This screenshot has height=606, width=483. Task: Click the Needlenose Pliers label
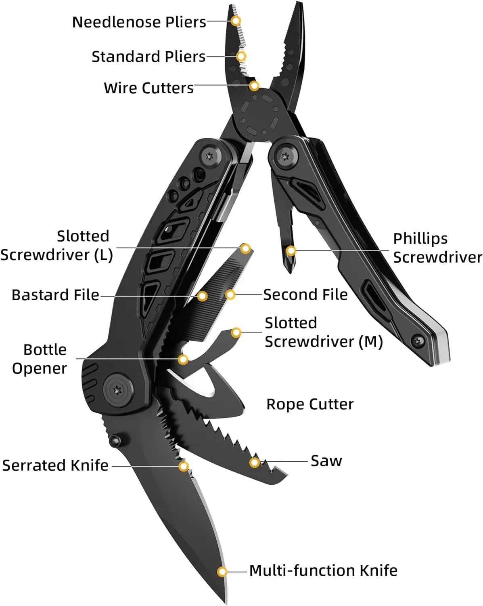(x=139, y=22)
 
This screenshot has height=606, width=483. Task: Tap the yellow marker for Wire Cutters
(x=254, y=86)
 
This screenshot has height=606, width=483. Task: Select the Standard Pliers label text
(x=148, y=57)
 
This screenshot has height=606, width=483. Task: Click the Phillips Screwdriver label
(x=437, y=248)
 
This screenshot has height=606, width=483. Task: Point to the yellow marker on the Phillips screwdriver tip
(x=291, y=251)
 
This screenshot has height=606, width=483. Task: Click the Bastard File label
(x=55, y=295)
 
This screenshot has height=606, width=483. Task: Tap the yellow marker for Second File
(x=230, y=295)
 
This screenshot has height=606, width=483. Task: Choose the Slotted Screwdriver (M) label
(x=323, y=332)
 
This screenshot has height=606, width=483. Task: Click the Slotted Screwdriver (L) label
(x=56, y=245)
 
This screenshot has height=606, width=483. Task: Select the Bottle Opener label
(x=40, y=359)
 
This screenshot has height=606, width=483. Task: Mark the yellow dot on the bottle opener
(x=183, y=359)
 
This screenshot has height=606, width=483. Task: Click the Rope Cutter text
(x=310, y=404)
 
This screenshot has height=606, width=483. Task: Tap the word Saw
(x=326, y=461)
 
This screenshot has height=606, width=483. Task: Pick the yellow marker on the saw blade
(x=254, y=462)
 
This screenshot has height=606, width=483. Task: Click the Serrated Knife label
(x=55, y=465)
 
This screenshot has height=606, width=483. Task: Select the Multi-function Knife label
(x=323, y=570)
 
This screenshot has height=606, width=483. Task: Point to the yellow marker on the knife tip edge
(x=222, y=572)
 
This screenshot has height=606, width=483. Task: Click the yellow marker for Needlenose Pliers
(x=236, y=20)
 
